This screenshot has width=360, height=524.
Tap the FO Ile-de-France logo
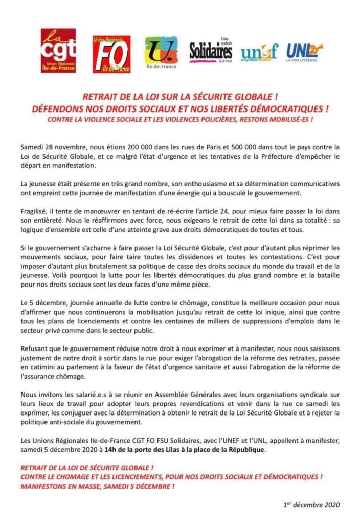(111, 54)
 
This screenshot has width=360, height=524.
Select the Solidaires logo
(211, 51)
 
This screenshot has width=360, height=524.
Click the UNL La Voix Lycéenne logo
(305, 51)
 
